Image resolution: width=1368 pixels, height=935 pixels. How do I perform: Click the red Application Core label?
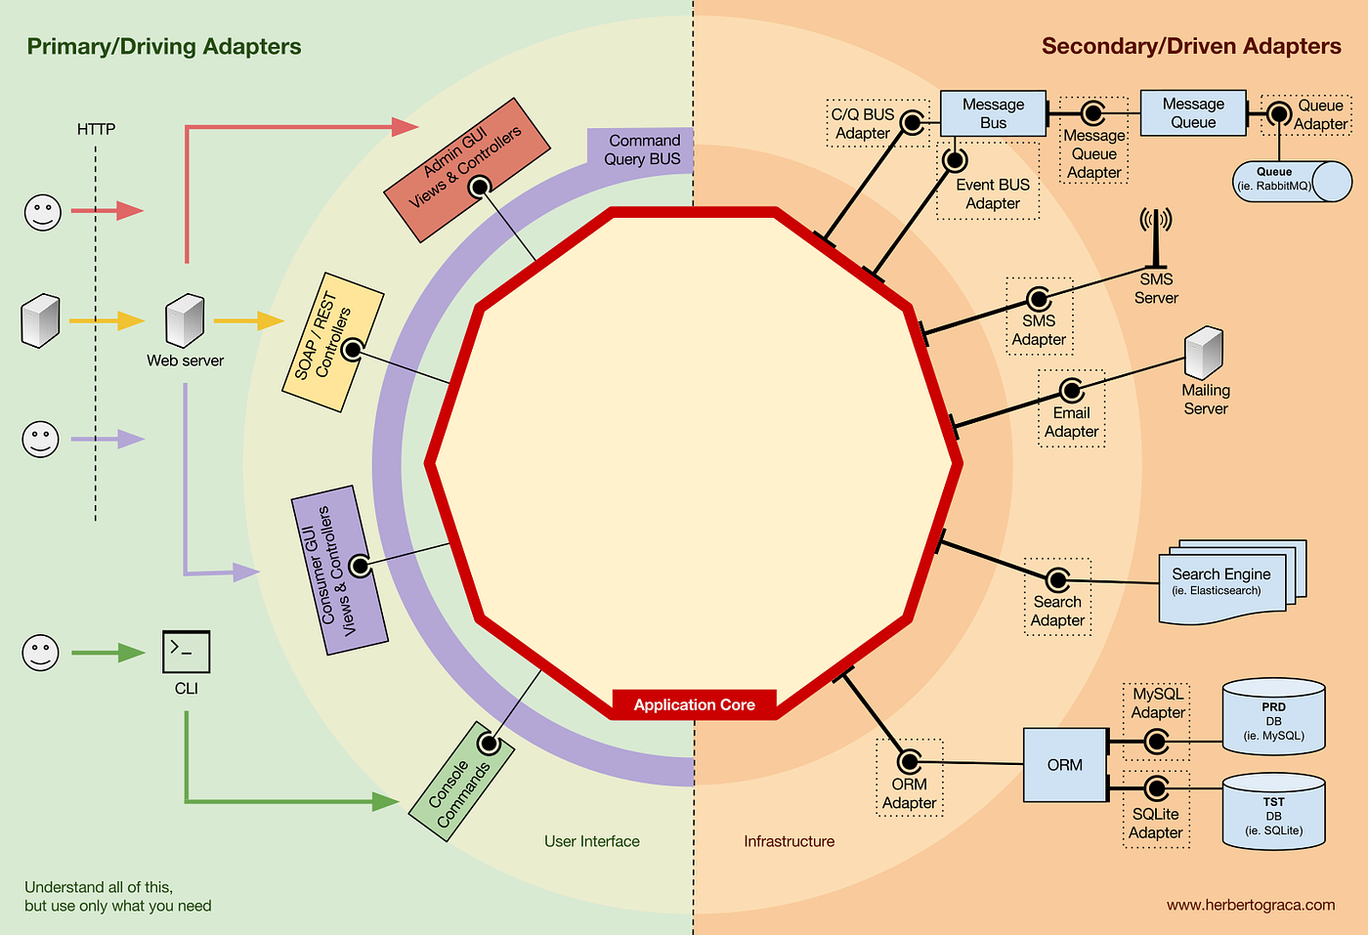(x=694, y=704)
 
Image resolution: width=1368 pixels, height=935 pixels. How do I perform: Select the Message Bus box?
(x=993, y=113)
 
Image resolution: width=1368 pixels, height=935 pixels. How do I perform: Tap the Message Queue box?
(x=1193, y=112)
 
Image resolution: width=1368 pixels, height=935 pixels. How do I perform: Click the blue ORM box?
(x=1064, y=765)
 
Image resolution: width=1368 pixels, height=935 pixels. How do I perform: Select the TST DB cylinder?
(x=1273, y=813)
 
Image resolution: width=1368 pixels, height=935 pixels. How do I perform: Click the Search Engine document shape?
(x=1226, y=585)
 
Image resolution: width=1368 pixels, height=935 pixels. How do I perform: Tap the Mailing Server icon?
(x=1204, y=354)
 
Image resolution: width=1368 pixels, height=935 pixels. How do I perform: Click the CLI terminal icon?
(x=186, y=652)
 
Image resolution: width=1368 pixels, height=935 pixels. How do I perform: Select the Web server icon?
(x=185, y=320)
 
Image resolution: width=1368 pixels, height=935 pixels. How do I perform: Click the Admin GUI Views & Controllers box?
(x=466, y=170)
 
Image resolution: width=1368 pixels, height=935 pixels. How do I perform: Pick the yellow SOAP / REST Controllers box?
(x=332, y=342)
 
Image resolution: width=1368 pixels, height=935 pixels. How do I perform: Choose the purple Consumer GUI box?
(x=339, y=571)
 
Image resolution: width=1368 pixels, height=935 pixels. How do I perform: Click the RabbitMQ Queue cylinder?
(x=1290, y=181)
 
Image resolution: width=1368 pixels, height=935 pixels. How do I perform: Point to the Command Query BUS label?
(x=642, y=149)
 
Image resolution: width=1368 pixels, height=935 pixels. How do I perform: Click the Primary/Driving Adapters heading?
(x=164, y=47)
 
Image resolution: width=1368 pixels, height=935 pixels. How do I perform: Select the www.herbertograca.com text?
(x=1250, y=905)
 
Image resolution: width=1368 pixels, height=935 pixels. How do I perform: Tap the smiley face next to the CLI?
(x=41, y=653)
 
